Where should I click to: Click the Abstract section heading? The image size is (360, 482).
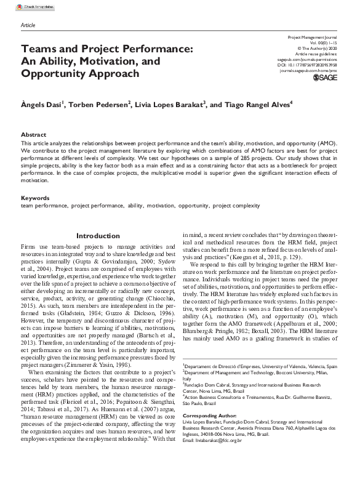[x=33, y=134]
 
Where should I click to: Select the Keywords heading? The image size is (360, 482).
[x=35, y=198]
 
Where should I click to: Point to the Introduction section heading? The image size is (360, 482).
[x=98, y=236]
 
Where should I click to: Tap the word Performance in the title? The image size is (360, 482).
[x=154, y=47]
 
